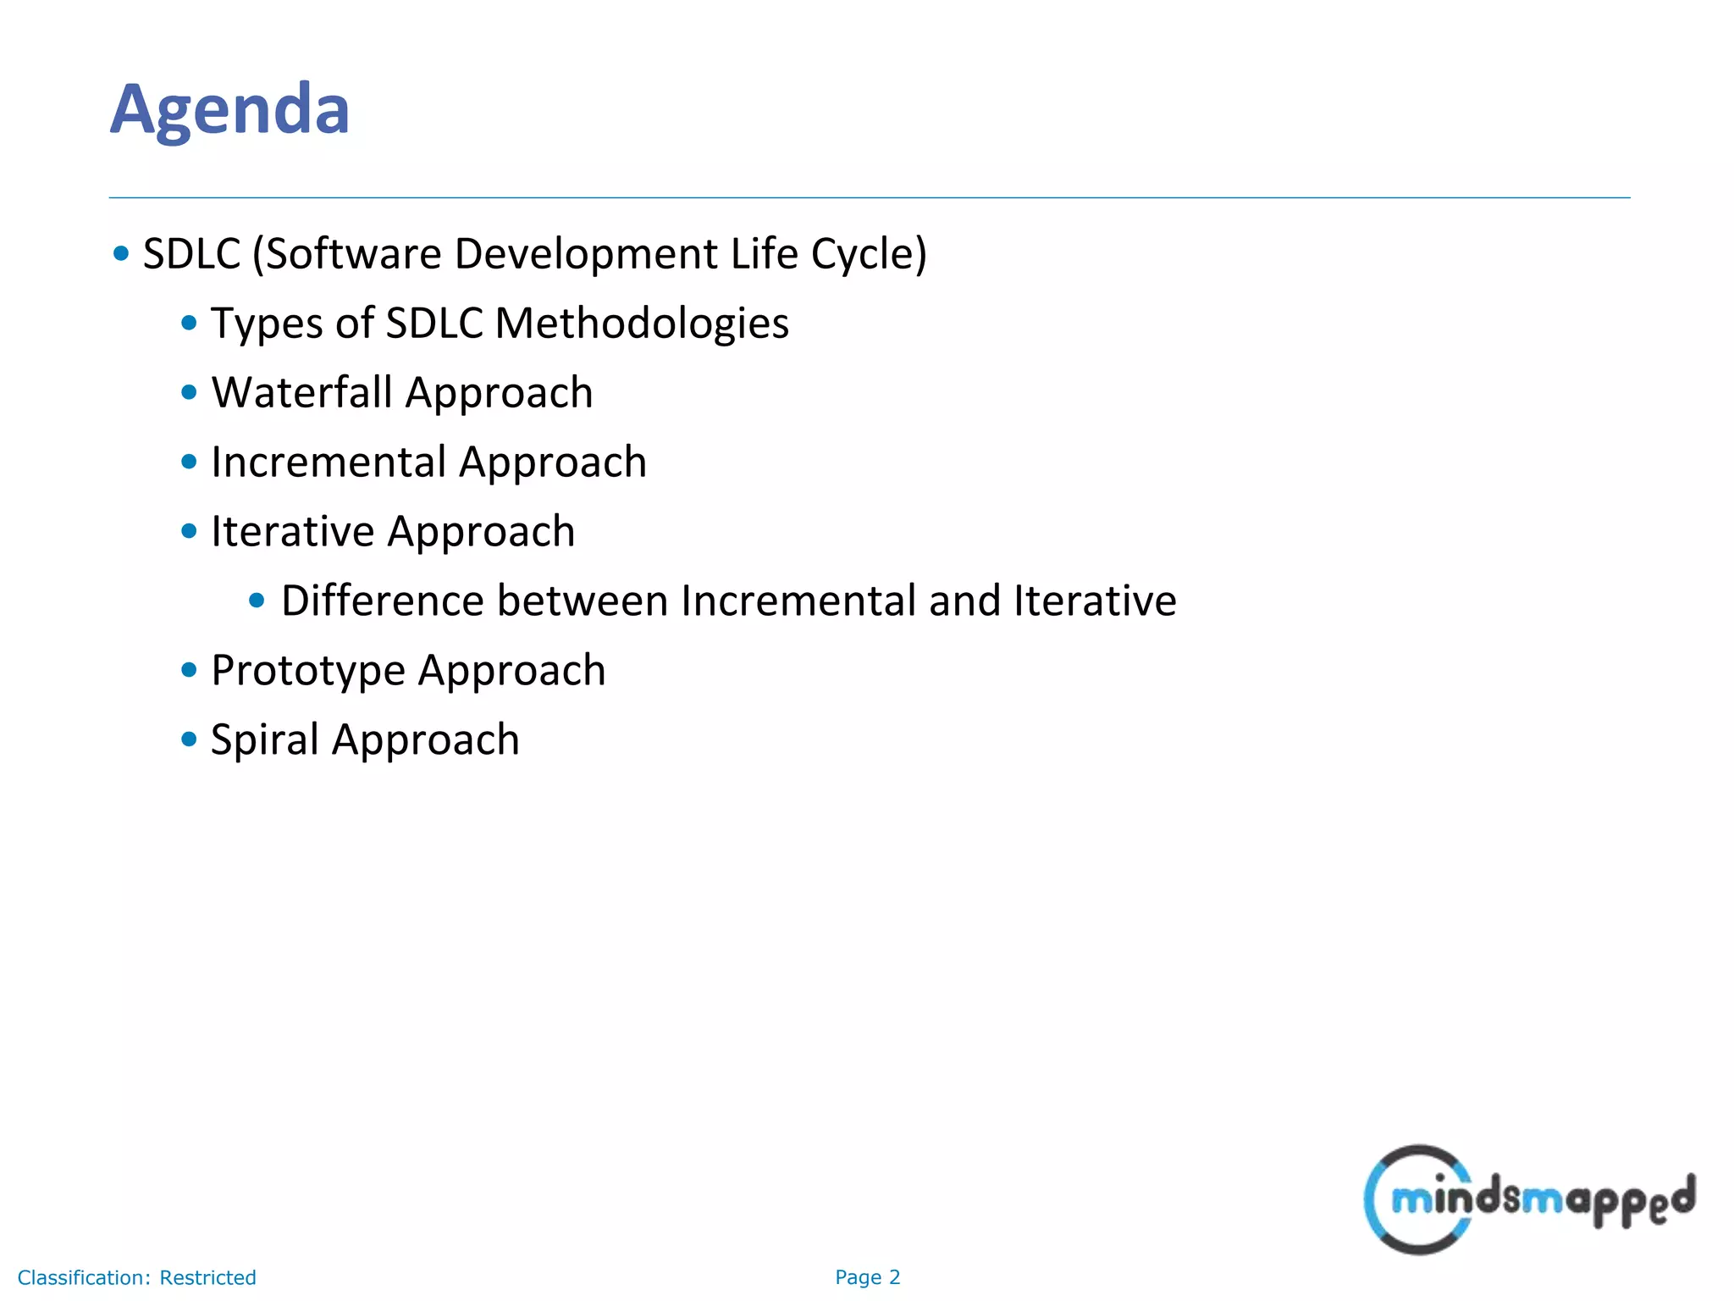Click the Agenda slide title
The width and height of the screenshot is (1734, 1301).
click(x=229, y=110)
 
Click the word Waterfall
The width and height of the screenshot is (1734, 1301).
click(x=301, y=393)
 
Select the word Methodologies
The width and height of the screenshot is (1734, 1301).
click(x=641, y=324)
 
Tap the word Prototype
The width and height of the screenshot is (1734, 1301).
click(x=308, y=672)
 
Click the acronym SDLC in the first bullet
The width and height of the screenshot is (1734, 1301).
click(x=191, y=254)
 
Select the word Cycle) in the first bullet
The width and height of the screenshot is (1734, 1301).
click(x=869, y=254)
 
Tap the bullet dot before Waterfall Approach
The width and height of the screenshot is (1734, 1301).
click(x=189, y=392)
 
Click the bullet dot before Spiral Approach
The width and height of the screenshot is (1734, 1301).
click(x=189, y=739)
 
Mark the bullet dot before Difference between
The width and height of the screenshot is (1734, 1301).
click(x=257, y=601)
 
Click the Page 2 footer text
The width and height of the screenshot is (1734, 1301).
click(x=867, y=1277)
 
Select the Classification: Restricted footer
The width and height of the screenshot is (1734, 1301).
click(x=136, y=1277)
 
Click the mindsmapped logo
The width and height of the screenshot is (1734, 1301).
click(x=1528, y=1199)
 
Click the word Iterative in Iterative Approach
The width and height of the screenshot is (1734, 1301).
click(x=292, y=532)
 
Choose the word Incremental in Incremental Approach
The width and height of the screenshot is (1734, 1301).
click(x=328, y=462)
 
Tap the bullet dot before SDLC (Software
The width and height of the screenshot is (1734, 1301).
click(x=121, y=253)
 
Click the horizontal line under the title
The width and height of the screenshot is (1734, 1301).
click(x=869, y=198)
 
